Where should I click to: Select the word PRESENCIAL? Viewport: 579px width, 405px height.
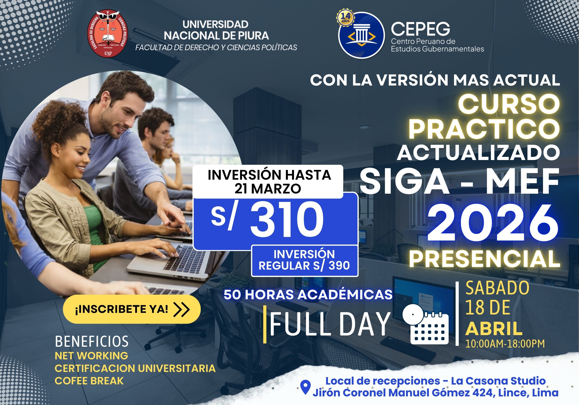pos(484,259)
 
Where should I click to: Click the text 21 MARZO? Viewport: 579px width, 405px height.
pos(268,189)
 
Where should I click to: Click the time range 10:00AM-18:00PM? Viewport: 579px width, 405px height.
pos(505,344)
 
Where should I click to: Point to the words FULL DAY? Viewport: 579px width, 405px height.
pos(330,324)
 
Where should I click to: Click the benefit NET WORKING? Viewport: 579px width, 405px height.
pos(91,356)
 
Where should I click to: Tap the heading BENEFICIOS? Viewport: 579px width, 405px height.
pos(92,341)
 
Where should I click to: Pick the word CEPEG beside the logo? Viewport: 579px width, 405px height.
pos(420,29)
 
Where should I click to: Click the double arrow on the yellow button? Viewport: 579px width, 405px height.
pos(182,309)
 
